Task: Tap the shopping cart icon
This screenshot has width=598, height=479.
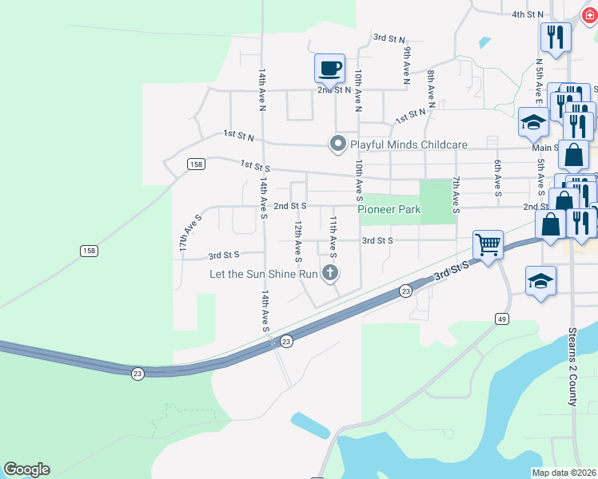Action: pyautogui.click(x=487, y=243)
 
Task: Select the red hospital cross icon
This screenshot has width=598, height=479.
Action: pyautogui.click(x=590, y=14)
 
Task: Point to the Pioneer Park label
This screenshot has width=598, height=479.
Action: pyautogui.click(x=389, y=209)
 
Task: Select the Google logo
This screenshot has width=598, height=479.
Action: pyautogui.click(x=26, y=469)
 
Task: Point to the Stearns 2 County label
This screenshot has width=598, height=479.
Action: pyautogui.click(x=572, y=366)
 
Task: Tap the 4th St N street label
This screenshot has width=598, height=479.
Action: pyautogui.click(x=528, y=14)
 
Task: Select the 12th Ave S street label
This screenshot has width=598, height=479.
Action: pyautogui.click(x=297, y=243)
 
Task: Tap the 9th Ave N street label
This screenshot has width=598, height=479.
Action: pyautogui.click(x=407, y=65)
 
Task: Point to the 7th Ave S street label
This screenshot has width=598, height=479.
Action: pyautogui.click(x=456, y=195)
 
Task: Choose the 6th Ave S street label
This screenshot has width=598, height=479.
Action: pyautogui.click(x=497, y=178)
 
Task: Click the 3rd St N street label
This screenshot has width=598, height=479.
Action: pyautogui.click(x=390, y=38)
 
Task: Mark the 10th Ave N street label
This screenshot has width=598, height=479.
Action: pyautogui.click(x=359, y=89)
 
